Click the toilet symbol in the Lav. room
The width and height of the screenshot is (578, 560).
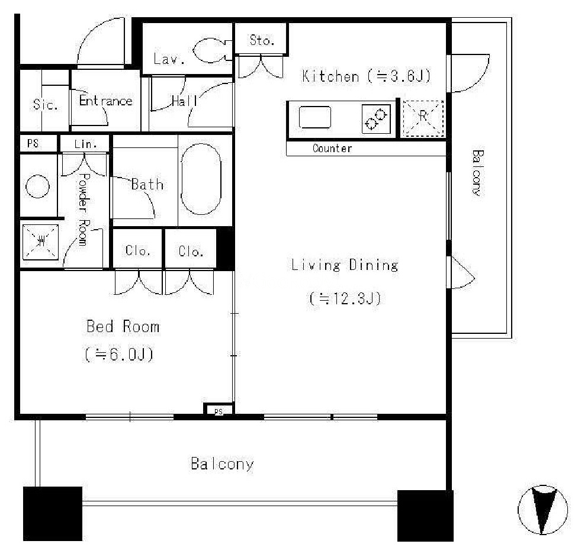pos(212,50)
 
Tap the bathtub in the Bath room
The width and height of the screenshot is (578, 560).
pos(201,179)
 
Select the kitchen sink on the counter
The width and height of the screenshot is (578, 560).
pos(315,117)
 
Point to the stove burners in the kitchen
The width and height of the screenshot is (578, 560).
pos(376,118)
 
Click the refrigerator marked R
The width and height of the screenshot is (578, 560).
pos(423,118)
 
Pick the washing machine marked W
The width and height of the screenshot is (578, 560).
pos(40,242)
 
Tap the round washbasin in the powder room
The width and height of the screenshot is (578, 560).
pos(37,186)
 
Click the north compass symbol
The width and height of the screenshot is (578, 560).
pos(542,510)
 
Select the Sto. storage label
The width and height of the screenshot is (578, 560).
pos(262,40)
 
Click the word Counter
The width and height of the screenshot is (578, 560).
pos(332,149)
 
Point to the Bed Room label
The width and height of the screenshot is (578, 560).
pos(123,326)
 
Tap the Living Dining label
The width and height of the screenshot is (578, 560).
pos(345,265)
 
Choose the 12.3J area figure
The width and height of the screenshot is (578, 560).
pos(345,298)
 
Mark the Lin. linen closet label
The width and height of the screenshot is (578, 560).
pos(85,144)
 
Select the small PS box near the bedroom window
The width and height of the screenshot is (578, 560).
pos(219,409)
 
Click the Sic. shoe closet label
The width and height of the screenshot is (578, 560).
pos(46,105)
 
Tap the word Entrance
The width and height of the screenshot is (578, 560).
pos(106,101)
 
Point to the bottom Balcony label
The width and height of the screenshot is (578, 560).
pos(222,464)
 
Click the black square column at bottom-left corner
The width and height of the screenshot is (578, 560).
pos(53,514)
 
